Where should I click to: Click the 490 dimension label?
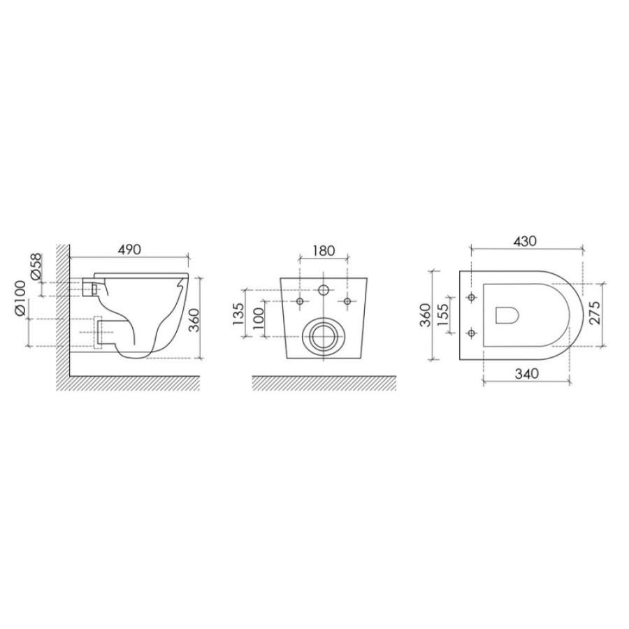(129, 250)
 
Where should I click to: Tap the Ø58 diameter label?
(36, 266)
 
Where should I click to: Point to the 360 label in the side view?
(194, 319)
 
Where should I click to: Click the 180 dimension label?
(324, 251)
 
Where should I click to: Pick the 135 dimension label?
(238, 314)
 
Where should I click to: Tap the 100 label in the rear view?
(259, 319)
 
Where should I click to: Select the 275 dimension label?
(595, 312)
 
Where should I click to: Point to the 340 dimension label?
(527, 374)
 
